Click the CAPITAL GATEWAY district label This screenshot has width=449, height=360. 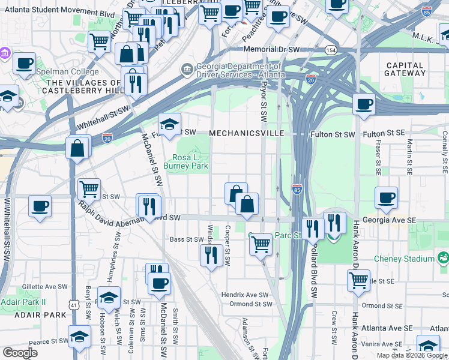pos(406,69)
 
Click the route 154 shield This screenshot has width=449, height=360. pos(330,50)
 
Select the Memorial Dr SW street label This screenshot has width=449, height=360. pos(271,49)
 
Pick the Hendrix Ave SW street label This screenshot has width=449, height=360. pos(244,295)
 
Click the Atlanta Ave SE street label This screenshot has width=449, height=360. pos(390,328)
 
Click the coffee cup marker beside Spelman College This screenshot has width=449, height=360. pos(24,63)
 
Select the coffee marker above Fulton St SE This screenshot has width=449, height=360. pos(364,104)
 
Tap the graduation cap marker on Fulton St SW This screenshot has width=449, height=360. pos(170,124)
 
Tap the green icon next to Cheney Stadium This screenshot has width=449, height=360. pos(444,258)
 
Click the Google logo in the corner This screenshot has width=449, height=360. pos(20,353)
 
